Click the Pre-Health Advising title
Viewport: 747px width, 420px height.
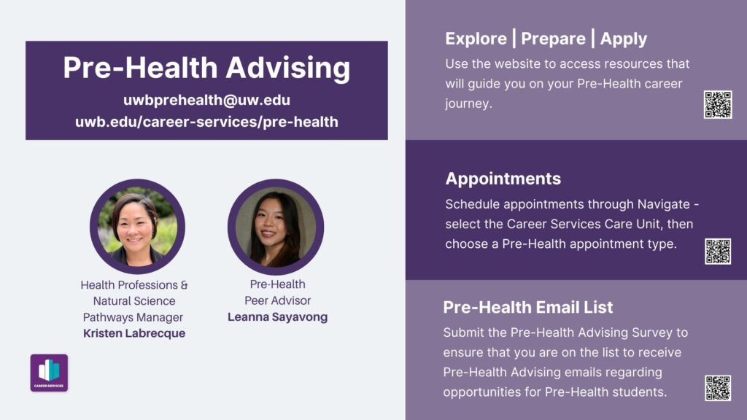(206, 67)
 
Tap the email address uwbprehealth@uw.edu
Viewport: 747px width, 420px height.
(206, 100)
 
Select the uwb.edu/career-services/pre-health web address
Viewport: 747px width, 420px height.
(206, 122)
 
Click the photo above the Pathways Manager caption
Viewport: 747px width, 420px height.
(137, 227)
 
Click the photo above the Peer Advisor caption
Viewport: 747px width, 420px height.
(276, 227)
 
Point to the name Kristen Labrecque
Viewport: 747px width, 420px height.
(134, 333)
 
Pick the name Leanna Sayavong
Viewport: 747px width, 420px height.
(277, 317)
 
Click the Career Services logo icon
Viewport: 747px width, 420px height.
(49, 373)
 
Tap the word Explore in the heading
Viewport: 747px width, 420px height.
(476, 39)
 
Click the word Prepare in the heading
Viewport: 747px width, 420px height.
(553, 39)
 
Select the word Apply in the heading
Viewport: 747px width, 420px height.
(624, 39)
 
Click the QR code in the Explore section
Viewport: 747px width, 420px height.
(718, 105)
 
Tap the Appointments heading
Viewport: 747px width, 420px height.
(503, 179)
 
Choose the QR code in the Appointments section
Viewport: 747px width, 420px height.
(718, 251)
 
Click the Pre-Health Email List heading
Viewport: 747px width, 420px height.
(528, 308)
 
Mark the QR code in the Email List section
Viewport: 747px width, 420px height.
(718, 388)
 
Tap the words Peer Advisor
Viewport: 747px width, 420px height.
(277, 300)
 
